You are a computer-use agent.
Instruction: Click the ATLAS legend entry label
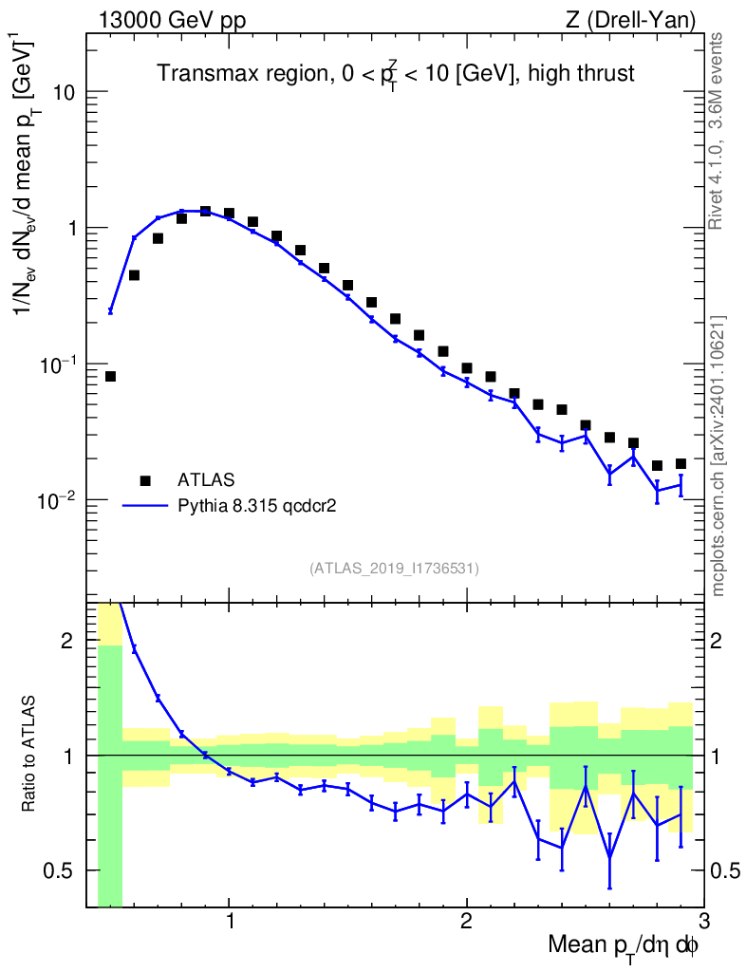pyautogui.click(x=208, y=479)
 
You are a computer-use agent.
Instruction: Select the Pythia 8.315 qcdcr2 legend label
pyautogui.click(x=259, y=506)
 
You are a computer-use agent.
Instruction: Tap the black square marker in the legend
pyautogui.click(x=145, y=479)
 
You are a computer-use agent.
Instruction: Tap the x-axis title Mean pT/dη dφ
pyautogui.click(x=623, y=946)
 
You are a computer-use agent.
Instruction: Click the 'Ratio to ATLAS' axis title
pyautogui.click(x=30, y=755)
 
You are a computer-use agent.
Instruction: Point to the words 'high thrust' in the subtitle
pyautogui.click(x=581, y=73)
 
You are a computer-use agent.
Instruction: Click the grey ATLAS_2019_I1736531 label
pyautogui.click(x=394, y=569)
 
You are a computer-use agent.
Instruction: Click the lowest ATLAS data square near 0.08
pyautogui.click(x=110, y=377)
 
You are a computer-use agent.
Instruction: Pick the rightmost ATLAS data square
pyautogui.click(x=681, y=464)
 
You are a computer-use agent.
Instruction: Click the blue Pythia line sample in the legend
pyautogui.click(x=145, y=506)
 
